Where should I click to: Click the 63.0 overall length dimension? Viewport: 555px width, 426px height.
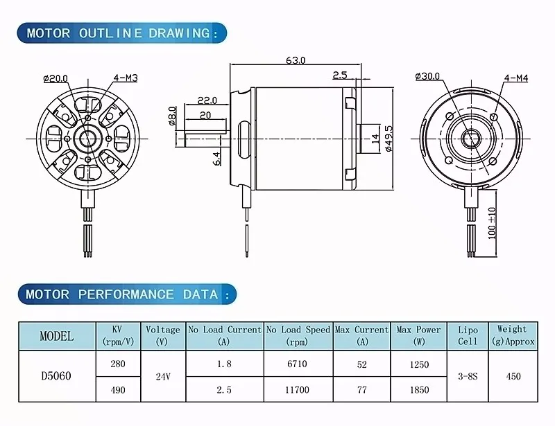click(x=296, y=60)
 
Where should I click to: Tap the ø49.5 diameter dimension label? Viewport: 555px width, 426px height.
click(x=388, y=139)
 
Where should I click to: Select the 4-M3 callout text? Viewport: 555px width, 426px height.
click(x=126, y=78)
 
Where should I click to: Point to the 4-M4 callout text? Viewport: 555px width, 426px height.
click(x=516, y=78)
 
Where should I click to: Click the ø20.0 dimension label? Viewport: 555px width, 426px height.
click(x=55, y=78)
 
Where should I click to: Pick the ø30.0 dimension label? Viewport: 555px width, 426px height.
click(x=427, y=76)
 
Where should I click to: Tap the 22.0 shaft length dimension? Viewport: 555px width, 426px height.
click(x=207, y=100)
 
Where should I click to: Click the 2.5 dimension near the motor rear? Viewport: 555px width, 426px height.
click(x=340, y=75)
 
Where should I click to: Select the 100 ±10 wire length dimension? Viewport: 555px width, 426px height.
click(x=492, y=223)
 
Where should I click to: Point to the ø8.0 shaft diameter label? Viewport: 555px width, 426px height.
click(x=172, y=116)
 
